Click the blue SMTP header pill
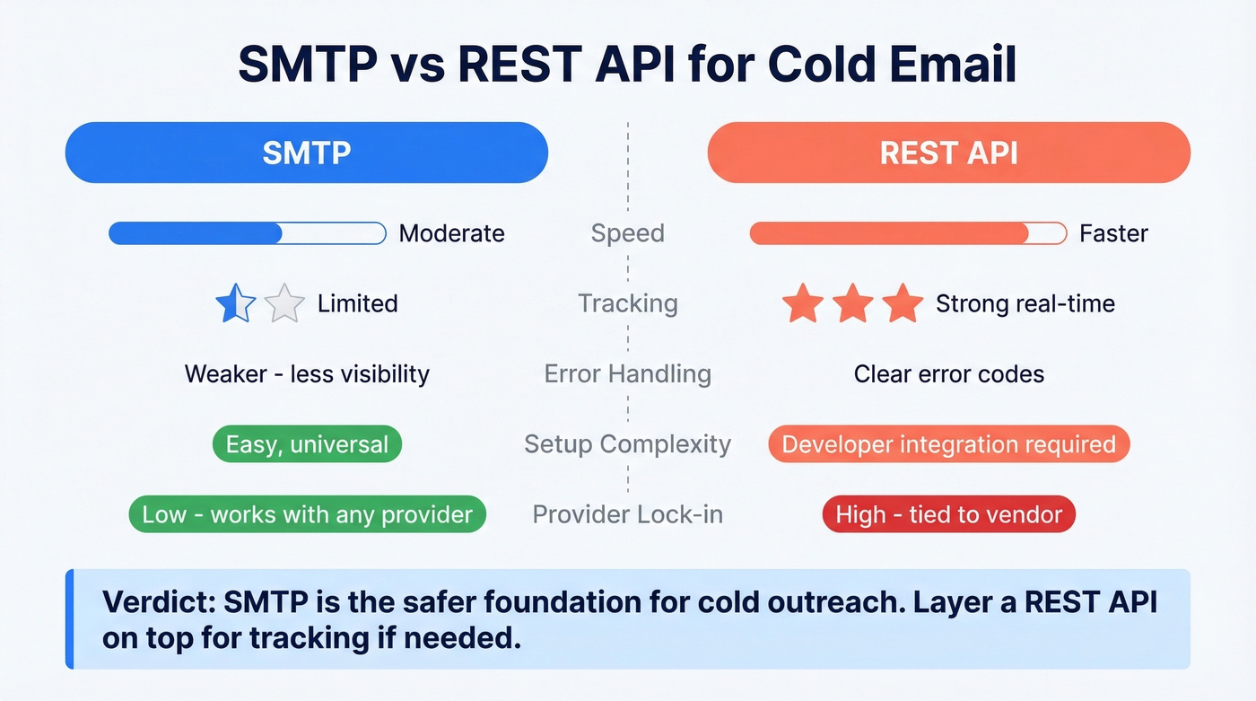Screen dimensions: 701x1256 point(306,153)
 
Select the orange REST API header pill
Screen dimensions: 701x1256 point(948,153)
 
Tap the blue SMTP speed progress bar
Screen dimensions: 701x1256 point(247,233)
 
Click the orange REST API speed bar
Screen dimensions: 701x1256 point(908,233)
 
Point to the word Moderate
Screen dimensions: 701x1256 point(451,233)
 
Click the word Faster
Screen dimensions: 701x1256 point(1113,233)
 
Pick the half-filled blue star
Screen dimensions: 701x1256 point(236,303)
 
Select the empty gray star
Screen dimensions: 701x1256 point(284,303)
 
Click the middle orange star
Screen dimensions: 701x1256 point(852,303)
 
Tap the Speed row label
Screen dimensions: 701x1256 point(627,233)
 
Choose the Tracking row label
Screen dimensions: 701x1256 point(627,303)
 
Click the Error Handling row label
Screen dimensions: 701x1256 point(627,373)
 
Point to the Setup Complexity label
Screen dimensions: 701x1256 point(627,443)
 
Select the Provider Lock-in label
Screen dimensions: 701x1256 point(627,514)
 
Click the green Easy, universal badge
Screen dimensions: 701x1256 point(307,443)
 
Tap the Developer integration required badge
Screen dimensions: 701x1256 point(948,443)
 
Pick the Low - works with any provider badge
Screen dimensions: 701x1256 point(307,514)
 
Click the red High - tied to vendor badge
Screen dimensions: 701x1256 point(948,514)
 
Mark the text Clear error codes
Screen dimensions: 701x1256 point(948,373)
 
